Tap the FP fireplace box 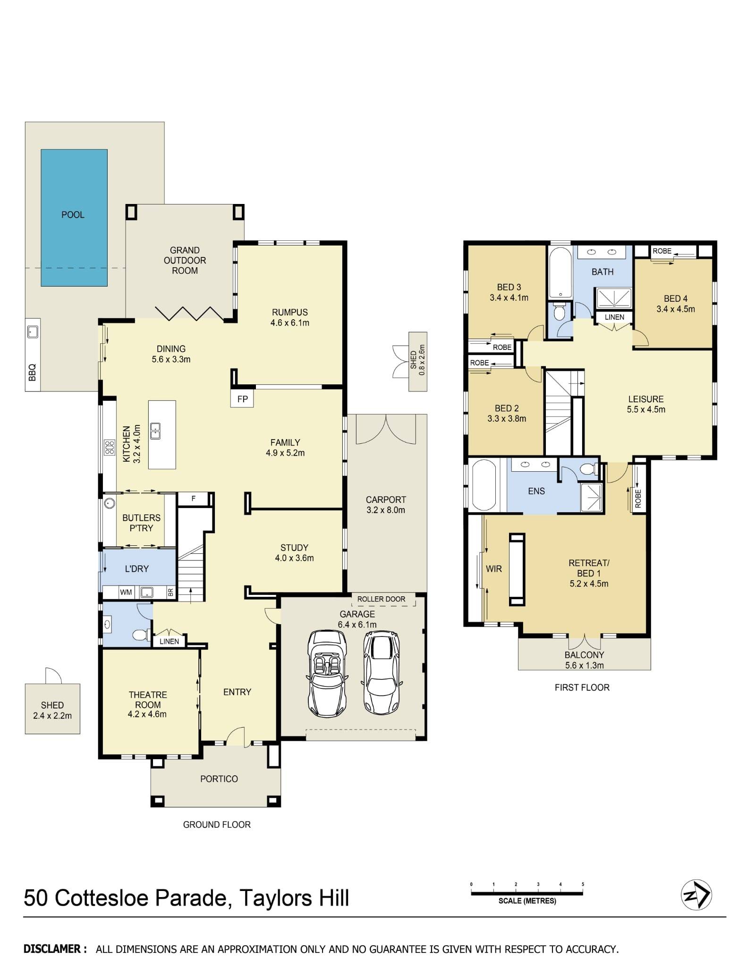242,399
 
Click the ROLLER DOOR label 381,599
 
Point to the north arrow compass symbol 696,895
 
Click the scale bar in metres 527,893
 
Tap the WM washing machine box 126,592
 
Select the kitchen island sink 155,431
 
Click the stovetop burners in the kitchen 110,447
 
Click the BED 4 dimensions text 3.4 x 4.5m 675,309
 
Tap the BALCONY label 584,655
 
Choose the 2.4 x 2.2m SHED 52,710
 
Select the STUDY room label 294,548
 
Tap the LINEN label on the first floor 614,317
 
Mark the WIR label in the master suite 493,569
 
